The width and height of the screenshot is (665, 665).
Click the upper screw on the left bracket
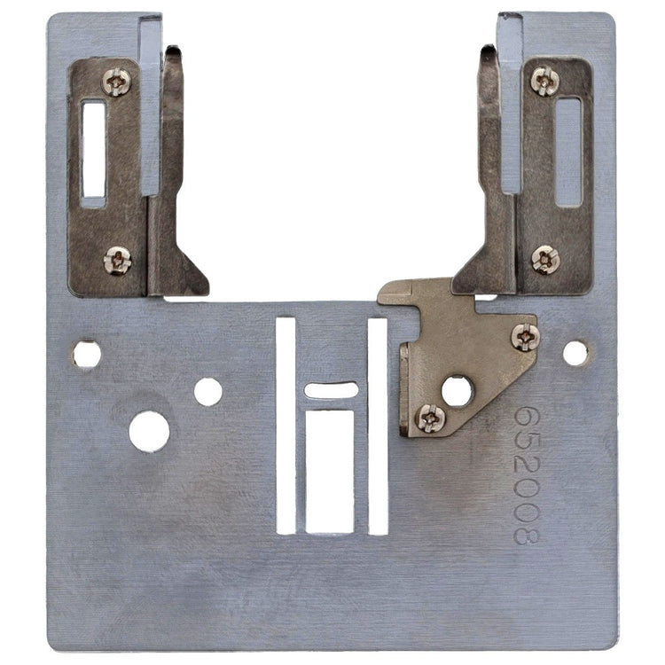coord(116,82)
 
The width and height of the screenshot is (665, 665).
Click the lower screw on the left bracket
coord(117,261)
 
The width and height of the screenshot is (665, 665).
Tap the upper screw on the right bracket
coord(544,81)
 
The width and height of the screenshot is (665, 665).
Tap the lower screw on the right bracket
coord(545,260)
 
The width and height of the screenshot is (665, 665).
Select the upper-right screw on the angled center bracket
coord(526,337)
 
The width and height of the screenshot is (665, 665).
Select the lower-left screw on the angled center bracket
coord(431,418)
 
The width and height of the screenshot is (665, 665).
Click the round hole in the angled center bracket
coord(457,391)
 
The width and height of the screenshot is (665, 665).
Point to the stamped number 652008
coord(527,475)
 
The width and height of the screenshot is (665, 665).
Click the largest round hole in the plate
coord(149,431)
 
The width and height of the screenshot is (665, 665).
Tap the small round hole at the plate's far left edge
coord(87,355)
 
